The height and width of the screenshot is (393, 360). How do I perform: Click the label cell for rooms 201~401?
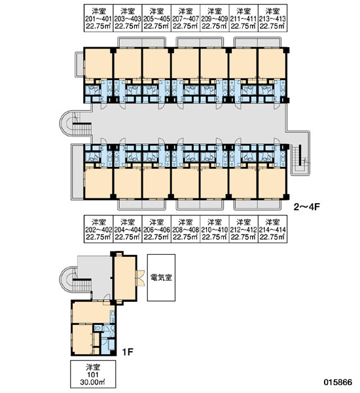coord(98,18)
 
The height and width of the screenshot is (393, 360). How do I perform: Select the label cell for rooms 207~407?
coord(186,18)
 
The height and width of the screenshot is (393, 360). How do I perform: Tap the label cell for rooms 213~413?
coord(273,18)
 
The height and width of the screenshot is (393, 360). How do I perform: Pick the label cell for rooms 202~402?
coord(98,229)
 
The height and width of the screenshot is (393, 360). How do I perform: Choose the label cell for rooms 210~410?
coord(215,229)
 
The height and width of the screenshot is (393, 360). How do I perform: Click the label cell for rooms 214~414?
coord(273,229)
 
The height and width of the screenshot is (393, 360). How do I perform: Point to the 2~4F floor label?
coord(307,207)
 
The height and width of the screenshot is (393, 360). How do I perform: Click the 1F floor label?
coord(128,352)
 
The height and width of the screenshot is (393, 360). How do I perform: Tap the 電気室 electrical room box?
coord(161,278)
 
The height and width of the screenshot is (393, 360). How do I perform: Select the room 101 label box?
coord(93,374)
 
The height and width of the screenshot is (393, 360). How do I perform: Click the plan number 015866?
coord(338,383)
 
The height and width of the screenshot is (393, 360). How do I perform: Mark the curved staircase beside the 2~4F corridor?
coord(75,124)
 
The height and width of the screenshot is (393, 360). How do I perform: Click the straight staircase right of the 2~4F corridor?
coord(300,159)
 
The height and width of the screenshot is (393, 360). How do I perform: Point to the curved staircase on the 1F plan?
coord(75,279)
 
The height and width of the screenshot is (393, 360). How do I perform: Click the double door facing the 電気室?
coord(140,278)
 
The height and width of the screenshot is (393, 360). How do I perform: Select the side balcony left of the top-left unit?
coord(80,64)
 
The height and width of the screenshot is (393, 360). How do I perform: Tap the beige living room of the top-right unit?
coord(272,63)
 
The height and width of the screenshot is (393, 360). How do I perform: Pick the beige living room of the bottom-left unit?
coord(98,183)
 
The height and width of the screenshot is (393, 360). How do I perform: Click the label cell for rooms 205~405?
coord(156,18)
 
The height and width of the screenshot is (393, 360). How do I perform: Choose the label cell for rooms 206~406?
coord(156,229)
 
